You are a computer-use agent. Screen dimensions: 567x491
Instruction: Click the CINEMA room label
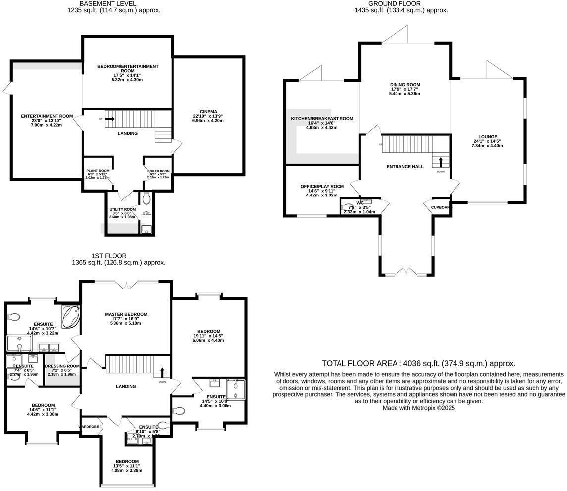pyautogui.click(x=208, y=112)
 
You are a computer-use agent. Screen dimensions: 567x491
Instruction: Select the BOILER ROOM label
pyautogui.click(x=158, y=171)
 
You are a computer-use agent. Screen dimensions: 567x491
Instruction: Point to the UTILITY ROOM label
pyautogui.click(x=122, y=210)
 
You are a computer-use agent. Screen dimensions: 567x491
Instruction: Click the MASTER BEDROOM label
pyautogui.click(x=126, y=314)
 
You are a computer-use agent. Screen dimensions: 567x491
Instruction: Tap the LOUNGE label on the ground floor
pyautogui.click(x=488, y=137)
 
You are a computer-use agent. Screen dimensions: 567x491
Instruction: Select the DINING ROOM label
pyautogui.click(x=405, y=85)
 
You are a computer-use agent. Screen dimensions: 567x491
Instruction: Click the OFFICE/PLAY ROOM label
pyautogui.click(x=322, y=187)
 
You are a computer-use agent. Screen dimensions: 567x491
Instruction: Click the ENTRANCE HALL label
pyautogui.click(x=405, y=167)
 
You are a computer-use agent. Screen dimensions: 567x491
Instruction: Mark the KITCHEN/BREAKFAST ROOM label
pyautogui.click(x=322, y=119)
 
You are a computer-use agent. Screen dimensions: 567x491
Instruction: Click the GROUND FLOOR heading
pyautogui.click(x=401, y=3)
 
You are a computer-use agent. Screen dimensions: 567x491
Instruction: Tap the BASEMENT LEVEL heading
pyautogui.click(x=114, y=3)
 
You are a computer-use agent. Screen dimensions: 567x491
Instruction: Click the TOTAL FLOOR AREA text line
pyautogui.click(x=418, y=363)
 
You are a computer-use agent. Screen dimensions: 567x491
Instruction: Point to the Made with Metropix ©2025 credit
pyautogui.click(x=418, y=408)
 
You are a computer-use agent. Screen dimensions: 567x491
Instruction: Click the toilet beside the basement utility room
pyautogui.click(x=146, y=199)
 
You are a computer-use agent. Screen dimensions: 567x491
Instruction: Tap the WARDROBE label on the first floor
pyautogui.click(x=89, y=426)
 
